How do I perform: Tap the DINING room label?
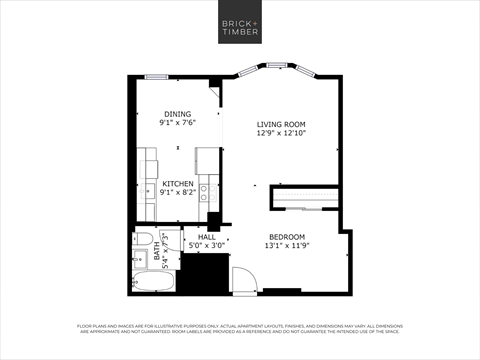[x=177, y=115]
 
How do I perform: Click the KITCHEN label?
[x=177, y=184]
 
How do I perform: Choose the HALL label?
[x=207, y=236]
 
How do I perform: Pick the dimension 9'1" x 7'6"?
[x=177, y=124]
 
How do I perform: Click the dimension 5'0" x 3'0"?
[x=207, y=245]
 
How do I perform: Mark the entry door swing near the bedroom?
[x=243, y=279]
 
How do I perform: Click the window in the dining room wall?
[x=155, y=77]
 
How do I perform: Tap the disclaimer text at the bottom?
[x=240, y=330]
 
